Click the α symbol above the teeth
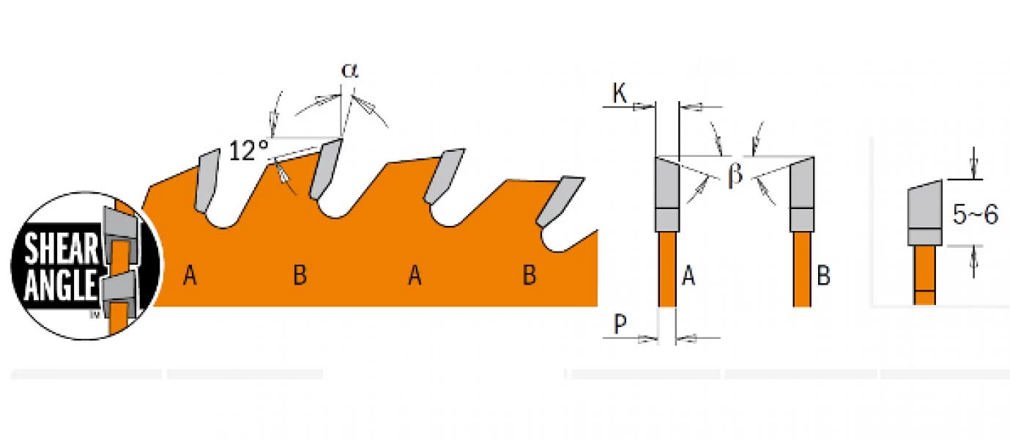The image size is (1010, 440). click(x=349, y=71)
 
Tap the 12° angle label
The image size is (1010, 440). click(x=249, y=150)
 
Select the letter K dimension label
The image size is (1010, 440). click(x=620, y=93)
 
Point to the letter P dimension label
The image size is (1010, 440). click(x=620, y=323)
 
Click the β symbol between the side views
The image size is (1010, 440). click(x=735, y=175)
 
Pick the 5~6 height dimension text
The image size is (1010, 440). click(x=976, y=214)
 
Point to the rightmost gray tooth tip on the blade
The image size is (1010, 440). click(x=560, y=201)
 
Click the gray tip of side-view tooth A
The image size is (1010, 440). click(x=667, y=194)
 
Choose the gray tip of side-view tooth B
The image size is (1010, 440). click(x=802, y=194)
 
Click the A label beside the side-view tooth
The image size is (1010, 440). click(x=688, y=276)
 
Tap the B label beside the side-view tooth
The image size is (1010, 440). click(x=823, y=276)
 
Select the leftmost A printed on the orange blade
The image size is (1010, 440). click(x=190, y=275)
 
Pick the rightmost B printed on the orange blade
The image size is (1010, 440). click(x=530, y=275)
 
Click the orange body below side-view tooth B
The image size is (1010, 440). click(x=802, y=269)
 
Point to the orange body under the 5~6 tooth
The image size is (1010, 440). click(x=925, y=275)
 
